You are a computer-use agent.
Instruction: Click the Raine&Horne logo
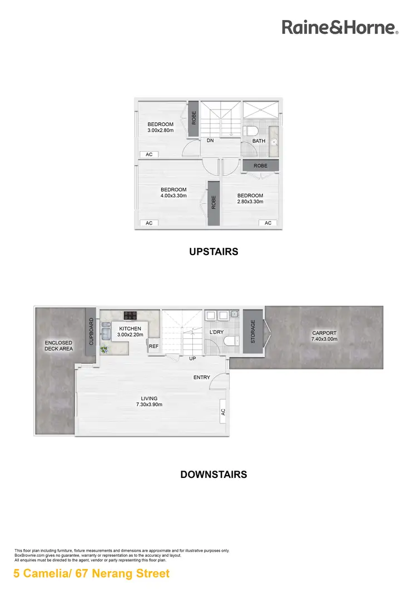pos(340,27)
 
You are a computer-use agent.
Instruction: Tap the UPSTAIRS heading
pos(214,252)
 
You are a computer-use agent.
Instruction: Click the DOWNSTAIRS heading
pos(214,475)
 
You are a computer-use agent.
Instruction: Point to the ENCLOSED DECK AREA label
pos(58,346)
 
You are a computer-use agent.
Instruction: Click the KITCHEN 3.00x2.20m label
pos(131,332)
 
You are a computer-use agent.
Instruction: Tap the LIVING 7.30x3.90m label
pos(149,401)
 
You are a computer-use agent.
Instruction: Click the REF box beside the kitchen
pos(154,346)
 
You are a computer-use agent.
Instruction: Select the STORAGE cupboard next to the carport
pos(253,331)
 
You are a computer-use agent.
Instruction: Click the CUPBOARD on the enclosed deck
pos(91,332)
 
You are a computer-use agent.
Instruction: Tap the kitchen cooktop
pos(131,316)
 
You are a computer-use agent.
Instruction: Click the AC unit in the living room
pos(223,412)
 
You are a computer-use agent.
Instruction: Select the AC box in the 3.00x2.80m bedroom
pos(149,154)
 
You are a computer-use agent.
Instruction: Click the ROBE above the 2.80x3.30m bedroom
pos(260,166)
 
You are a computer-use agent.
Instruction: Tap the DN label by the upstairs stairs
pos(210,141)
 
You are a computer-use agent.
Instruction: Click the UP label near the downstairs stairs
pos(192,358)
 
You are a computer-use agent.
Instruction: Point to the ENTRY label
pos(202,377)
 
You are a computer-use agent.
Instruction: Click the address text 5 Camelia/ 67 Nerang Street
pos(92,573)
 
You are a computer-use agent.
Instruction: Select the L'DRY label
pos(217,332)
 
